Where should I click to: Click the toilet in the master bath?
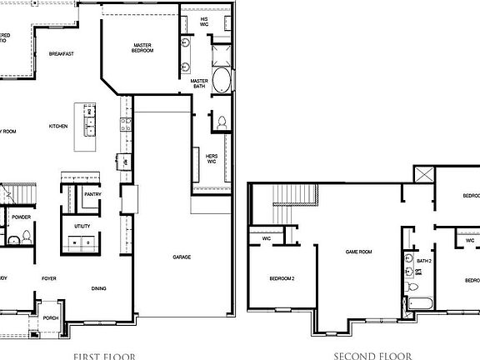coord(221,122)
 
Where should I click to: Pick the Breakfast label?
coord(62,54)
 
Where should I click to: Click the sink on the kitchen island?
coord(89,127)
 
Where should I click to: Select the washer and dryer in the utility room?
coord(82,242)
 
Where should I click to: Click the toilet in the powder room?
coord(13,240)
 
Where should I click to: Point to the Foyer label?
coord(48,279)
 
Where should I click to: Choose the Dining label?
coord(98,288)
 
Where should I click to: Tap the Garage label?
coord(182,257)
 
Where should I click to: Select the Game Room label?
coord(358,251)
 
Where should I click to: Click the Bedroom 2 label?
coord(282,277)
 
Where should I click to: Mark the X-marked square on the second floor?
coord(423,176)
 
